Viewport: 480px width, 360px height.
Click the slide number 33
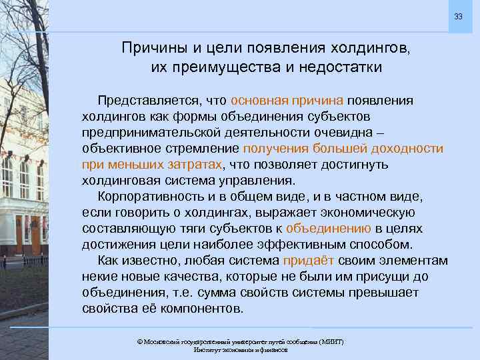458,16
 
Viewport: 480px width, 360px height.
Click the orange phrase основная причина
287,100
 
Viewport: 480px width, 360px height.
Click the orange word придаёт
304,260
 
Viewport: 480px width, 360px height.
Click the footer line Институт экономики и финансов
240,350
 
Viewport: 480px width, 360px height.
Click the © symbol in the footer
139,341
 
